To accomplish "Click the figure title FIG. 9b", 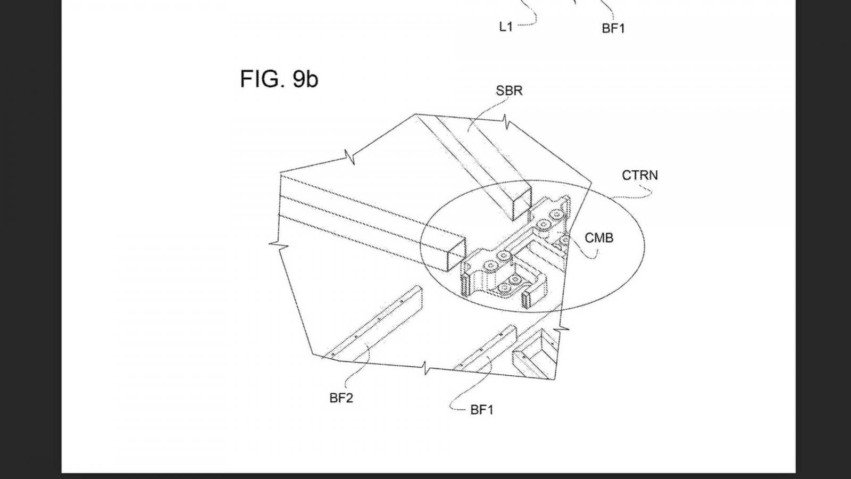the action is tap(279, 79).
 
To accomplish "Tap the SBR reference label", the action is tap(509, 90).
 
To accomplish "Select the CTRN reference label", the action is tap(640, 175).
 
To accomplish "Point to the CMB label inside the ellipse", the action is tap(599, 238).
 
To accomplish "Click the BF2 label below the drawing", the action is tap(341, 398).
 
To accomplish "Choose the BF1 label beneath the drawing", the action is tap(482, 410).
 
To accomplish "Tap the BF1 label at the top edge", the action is tap(613, 28).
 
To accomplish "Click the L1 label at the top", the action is tap(506, 27).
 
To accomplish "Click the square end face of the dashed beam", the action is tap(456, 255).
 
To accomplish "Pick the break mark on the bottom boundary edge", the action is tap(426, 368).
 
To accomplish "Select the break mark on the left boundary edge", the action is tap(279, 245).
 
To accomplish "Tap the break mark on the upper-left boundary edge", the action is tap(349, 157).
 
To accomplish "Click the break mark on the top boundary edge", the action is tap(506, 121).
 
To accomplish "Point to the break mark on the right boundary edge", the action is tap(562, 328).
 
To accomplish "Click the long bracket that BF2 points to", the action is tap(372, 323).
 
